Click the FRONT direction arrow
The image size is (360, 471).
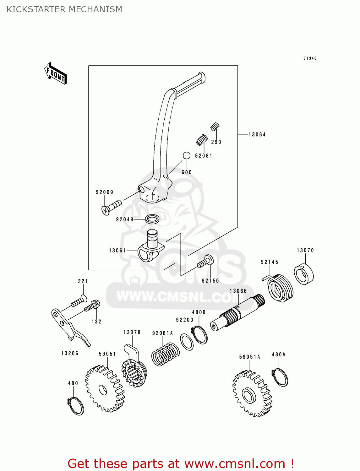pos(56,73)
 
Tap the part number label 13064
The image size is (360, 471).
pos(257,135)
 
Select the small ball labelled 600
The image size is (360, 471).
pos(187,155)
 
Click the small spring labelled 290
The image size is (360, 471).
pos(215,127)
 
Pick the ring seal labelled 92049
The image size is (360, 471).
pos(152,219)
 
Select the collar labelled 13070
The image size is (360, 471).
pos(304,274)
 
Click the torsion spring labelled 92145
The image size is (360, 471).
pos(280,288)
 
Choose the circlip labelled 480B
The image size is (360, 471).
pos(199,335)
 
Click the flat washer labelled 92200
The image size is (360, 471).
pos(187,342)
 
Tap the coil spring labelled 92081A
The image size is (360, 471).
pos(165,354)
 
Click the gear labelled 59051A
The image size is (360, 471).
pos(252,394)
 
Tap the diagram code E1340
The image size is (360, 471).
pos(310,58)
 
